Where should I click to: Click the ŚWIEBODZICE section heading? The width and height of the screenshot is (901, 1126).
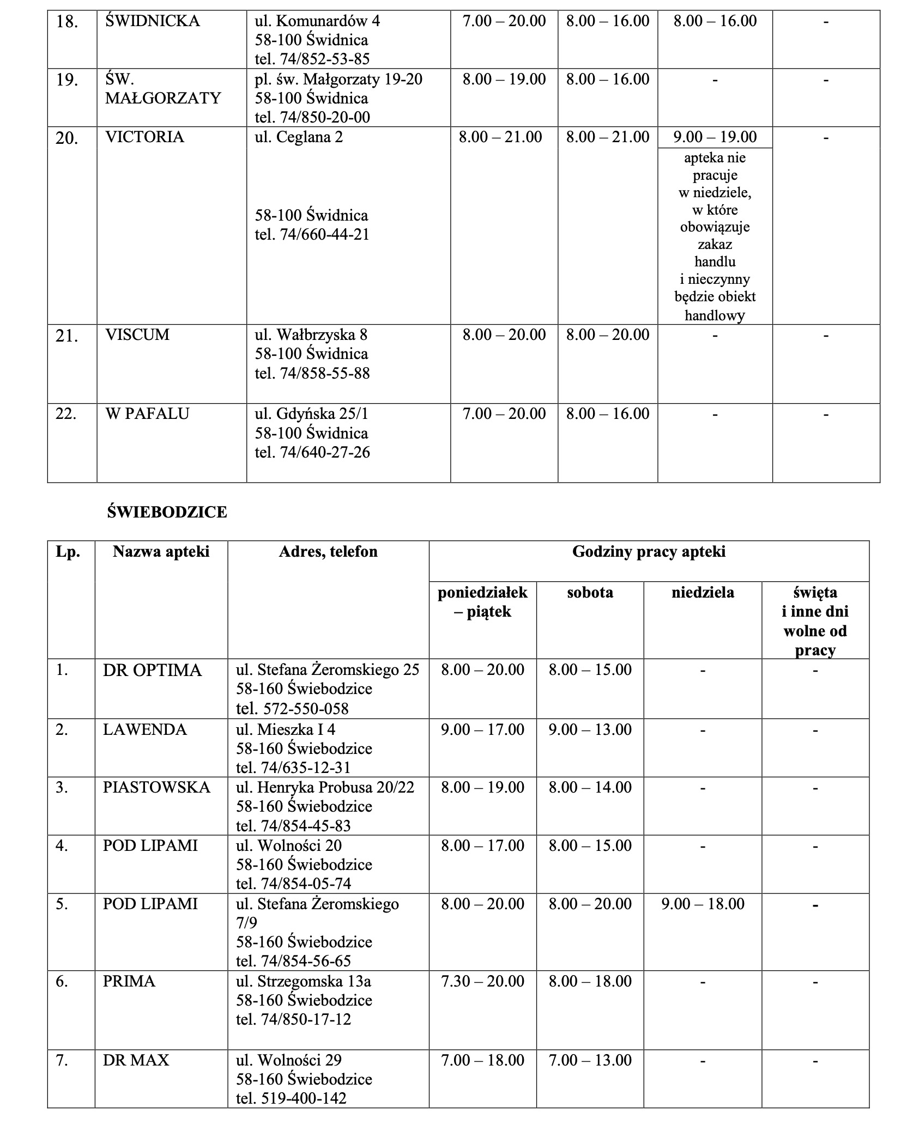pyautogui.click(x=167, y=512)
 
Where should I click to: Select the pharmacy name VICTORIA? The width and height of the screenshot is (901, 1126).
pyautogui.click(x=144, y=137)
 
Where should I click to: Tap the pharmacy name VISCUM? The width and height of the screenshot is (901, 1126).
pyautogui.click(x=137, y=334)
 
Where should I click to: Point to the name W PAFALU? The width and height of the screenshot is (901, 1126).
pyautogui.click(x=147, y=413)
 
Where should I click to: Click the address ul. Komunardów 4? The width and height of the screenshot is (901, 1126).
pyautogui.click(x=317, y=21)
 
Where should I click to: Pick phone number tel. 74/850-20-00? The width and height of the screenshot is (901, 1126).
pyautogui.click(x=312, y=117)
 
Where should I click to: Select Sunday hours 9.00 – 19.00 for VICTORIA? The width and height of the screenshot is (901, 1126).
pyautogui.click(x=715, y=137)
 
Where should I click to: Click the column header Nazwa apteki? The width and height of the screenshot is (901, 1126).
pyautogui.click(x=161, y=552)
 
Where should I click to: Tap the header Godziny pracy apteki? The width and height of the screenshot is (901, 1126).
pyautogui.click(x=649, y=552)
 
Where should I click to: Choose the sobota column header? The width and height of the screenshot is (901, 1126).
pyautogui.click(x=590, y=592)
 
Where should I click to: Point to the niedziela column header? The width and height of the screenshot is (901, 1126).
pyautogui.click(x=703, y=592)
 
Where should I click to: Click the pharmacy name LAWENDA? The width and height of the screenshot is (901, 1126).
pyautogui.click(x=145, y=729)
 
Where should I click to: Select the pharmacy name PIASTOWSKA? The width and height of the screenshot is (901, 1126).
pyautogui.click(x=156, y=788)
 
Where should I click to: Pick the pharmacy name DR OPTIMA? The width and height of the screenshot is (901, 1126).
pyautogui.click(x=152, y=670)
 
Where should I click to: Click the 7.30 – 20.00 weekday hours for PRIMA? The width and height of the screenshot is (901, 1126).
pyautogui.click(x=482, y=982)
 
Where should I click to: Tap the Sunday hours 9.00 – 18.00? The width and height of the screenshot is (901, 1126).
pyautogui.click(x=703, y=904)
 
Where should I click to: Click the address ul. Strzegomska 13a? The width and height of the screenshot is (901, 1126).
pyautogui.click(x=304, y=982)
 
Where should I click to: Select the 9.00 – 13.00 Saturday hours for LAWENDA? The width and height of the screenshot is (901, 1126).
pyautogui.click(x=590, y=729)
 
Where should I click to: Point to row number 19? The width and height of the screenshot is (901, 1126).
pyautogui.click(x=67, y=80)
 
